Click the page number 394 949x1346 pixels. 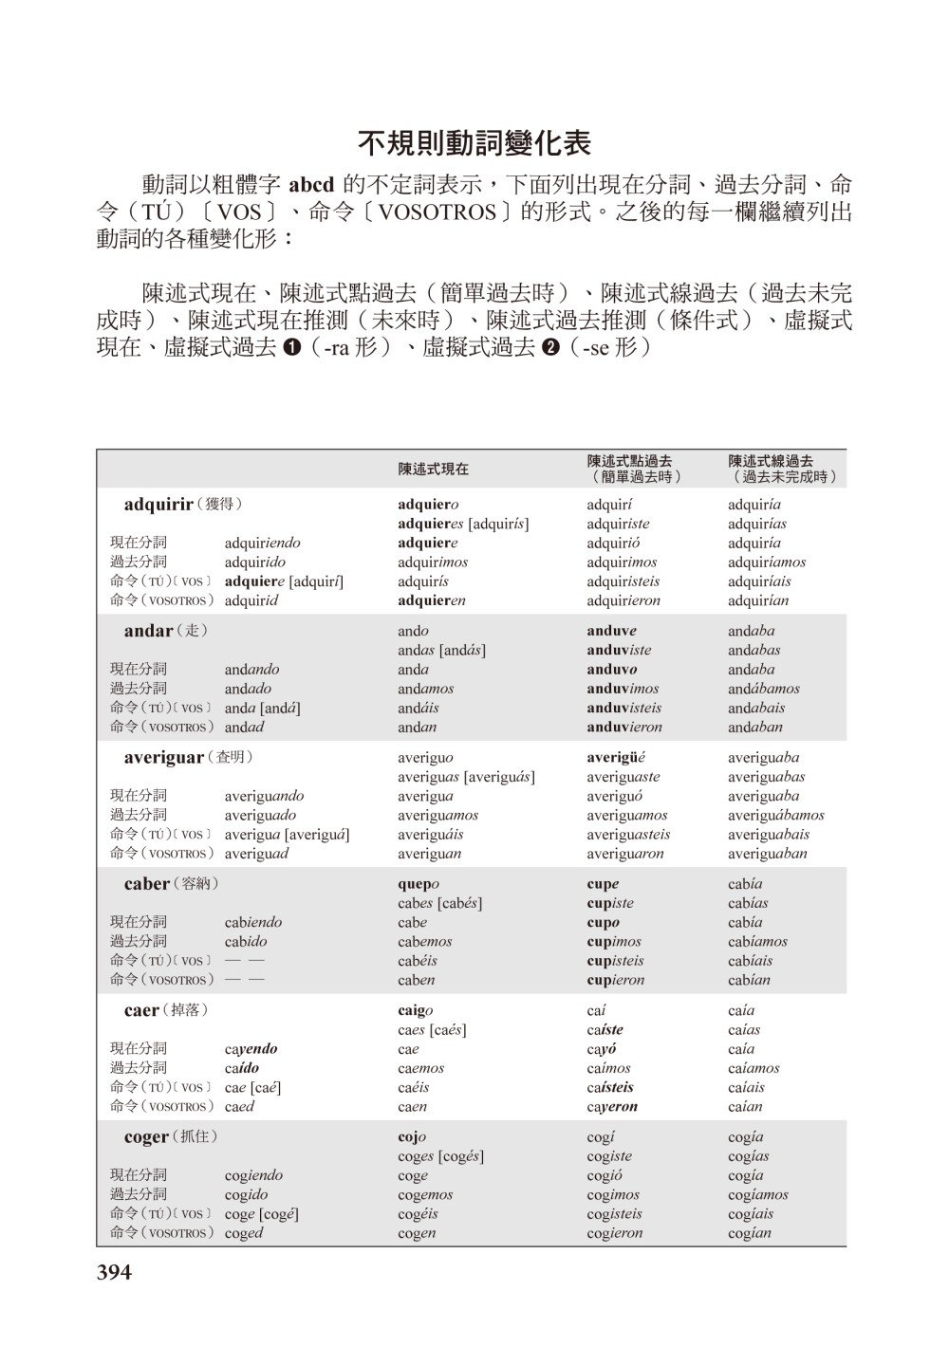tap(115, 1272)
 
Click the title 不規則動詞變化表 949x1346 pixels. tap(474, 142)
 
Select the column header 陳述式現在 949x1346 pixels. tap(433, 469)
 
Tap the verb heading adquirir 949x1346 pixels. tap(158, 504)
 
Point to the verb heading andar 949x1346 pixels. tap(149, 631)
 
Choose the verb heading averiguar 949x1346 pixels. tap(164, 757)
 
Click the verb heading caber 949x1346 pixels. tap(147, 883)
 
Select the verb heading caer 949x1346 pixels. tap(141, 1010)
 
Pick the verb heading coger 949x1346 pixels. tap(147, 1136)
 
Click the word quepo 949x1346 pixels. tap(418, 884)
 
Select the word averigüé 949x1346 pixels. tap(617, 757)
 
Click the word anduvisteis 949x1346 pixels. tap(624, 708)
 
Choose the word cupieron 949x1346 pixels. tap(616, 980)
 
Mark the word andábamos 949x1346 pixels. tap(764, 689)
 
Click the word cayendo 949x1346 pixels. tap(251, 1049)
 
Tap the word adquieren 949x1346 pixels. tap(432, 600)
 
